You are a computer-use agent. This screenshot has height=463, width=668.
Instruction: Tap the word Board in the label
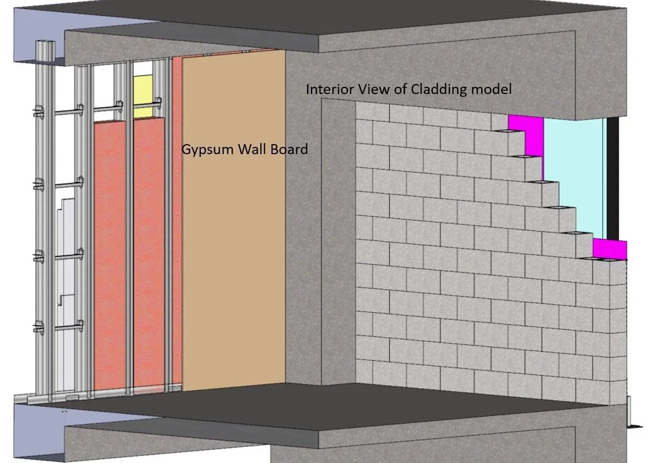[290, 149]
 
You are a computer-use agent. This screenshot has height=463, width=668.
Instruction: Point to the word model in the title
[493, 89]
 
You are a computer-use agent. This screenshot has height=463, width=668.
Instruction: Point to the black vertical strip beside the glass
[612, 178]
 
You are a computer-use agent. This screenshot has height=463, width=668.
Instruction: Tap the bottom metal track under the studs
[83, 398]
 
